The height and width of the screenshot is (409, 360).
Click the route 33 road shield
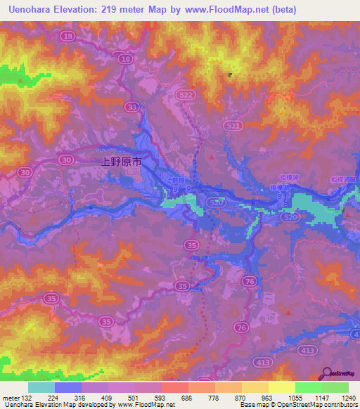[x=131, y=107]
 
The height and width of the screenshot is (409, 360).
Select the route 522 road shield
[x=187, y=94]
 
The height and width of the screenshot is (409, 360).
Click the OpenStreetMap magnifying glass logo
[x=328, y=375]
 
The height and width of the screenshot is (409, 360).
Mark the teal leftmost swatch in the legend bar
[x=41, y=387]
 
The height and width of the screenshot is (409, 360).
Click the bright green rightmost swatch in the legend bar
[x=335, y=387]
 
